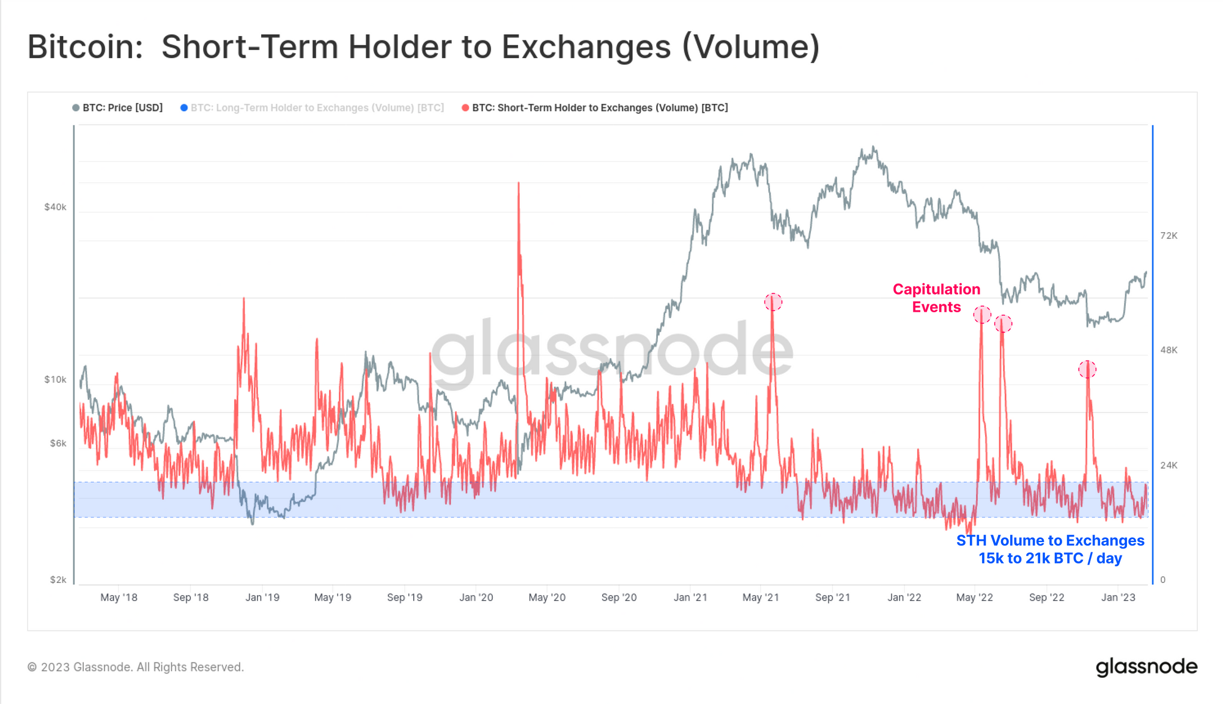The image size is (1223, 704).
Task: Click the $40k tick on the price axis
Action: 55,207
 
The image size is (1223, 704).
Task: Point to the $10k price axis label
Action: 55,380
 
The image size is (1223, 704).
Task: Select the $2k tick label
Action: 57,580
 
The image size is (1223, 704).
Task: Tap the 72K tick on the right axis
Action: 1169,236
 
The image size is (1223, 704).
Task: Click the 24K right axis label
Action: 1169,466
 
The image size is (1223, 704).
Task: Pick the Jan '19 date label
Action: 262,598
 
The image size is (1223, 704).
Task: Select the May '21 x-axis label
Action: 761,598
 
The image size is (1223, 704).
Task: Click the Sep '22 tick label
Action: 1046,598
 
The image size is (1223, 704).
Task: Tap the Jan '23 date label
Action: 1118,598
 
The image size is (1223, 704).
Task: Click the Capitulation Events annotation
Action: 936,298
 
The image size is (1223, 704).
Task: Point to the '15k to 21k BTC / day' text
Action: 1050,559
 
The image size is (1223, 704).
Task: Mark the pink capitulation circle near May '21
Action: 773,302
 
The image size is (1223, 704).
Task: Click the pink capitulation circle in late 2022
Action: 1087,369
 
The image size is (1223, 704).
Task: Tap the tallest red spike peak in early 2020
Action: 519,183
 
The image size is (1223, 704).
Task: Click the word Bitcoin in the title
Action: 85,47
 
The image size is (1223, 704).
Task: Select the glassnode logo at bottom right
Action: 1146,667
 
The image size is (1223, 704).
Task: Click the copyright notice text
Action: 136,667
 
